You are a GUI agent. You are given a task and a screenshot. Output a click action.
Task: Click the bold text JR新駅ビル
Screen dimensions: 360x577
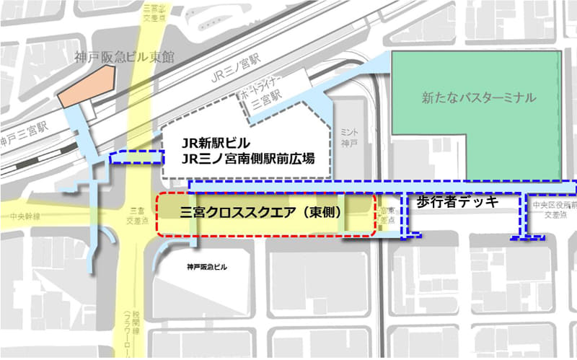tap(216, 142)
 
